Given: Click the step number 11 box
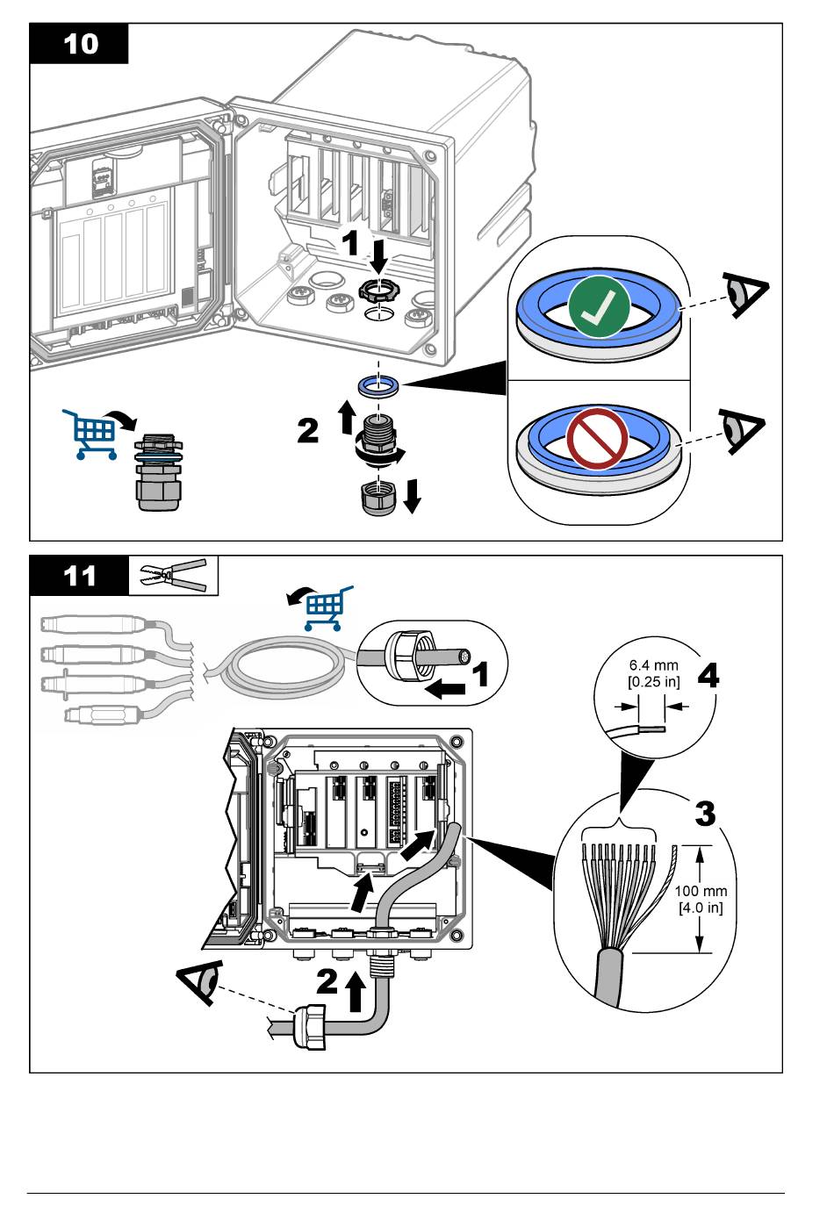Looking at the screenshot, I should point(79,577).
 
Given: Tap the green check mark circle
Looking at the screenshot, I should point(598,307).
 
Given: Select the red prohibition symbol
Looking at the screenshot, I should point(597,436).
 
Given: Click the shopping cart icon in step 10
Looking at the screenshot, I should point(91,433).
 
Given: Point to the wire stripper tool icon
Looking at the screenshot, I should point(174,576).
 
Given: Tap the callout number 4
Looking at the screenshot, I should point(708,676).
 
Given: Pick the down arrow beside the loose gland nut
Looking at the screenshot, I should point(413,497).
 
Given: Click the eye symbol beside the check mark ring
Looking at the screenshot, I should point(744,295).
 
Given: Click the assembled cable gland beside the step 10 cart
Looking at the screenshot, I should point(158,473).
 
